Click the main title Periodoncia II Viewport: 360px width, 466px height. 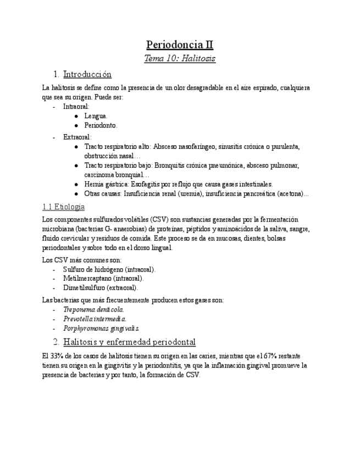click(180, 45)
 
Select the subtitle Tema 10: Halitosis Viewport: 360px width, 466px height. click(180, 58)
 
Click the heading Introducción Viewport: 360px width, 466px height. click(87, 74)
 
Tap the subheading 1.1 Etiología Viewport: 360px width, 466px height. click(63, 207)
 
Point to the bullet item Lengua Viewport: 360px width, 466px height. click(96, 116)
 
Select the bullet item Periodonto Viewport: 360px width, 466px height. click(101, 125)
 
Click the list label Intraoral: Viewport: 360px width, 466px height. click(76, 106)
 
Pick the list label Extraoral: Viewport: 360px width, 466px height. click(77, 137)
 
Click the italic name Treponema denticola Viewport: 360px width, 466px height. click(93, 309)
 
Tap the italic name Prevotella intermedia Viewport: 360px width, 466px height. click(95, 319)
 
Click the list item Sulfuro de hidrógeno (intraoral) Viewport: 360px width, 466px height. click(109, 269)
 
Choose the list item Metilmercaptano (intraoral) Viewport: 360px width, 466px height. click(103, 279)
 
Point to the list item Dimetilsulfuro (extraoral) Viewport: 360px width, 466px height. click(101, 287)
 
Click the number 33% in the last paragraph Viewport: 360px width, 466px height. click(59, 356)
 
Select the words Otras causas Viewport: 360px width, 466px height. click(103, 193)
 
